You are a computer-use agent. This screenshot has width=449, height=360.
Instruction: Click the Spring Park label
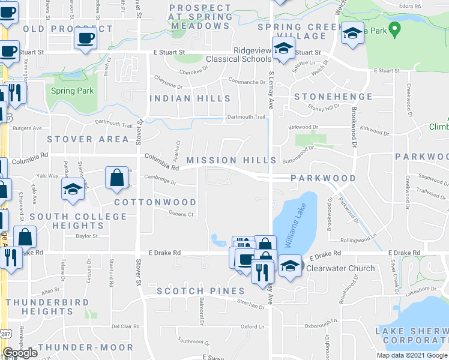[72, 91]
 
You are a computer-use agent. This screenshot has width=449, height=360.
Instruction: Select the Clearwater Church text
[340, 268]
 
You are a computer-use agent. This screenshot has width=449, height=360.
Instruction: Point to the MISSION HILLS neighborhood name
[231, 160]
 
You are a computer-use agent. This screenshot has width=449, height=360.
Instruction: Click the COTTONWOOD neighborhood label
[155, 202]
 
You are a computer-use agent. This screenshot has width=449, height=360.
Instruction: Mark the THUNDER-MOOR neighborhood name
[85, 347]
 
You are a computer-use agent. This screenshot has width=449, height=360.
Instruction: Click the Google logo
[20, 353]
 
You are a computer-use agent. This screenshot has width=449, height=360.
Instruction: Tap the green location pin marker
[394, 28]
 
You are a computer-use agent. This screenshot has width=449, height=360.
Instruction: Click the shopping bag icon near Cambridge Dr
[116, 177]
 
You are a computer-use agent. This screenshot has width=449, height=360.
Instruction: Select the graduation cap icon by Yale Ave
[73, 189]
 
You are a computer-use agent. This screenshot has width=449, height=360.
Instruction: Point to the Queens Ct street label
[182, 214]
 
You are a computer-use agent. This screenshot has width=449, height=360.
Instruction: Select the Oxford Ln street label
[253, 326]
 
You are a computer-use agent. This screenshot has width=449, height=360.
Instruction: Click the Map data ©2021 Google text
[411, 355]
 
